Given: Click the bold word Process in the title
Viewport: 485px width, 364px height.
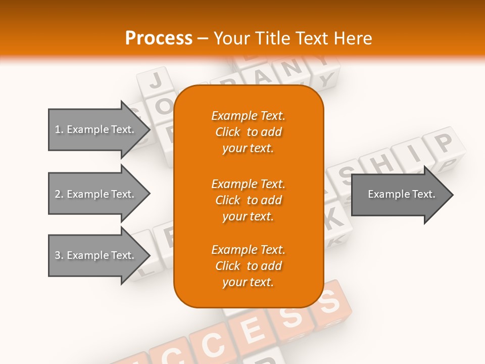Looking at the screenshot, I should (159, 38).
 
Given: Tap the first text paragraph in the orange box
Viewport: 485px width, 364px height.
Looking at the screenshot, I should (248, 132).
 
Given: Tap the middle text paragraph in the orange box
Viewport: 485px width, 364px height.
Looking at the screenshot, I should (248, 200).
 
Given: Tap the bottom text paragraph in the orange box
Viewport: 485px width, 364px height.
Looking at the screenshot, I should (248, 266).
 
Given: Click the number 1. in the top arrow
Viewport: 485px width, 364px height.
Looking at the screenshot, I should (59, 129).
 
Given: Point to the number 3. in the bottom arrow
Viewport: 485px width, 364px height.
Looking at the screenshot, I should (59, 255).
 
